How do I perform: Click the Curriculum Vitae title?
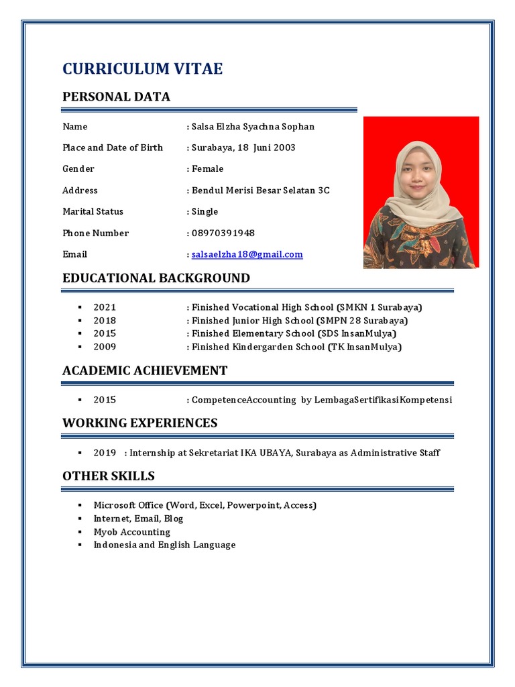142,68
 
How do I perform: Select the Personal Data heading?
116,97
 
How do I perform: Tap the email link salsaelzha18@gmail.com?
247,254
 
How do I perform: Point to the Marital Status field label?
93,211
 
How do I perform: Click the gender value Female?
208,168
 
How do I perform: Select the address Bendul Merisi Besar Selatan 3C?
261,190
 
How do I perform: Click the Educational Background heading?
156,278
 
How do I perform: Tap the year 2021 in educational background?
105,307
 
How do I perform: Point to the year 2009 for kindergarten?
105,347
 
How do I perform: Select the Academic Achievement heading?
145,370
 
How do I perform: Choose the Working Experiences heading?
139,423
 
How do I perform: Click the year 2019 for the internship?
105,453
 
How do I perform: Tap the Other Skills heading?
108,476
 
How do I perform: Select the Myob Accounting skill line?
132,532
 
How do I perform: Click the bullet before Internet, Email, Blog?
79,519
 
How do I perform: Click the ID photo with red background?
421,193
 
